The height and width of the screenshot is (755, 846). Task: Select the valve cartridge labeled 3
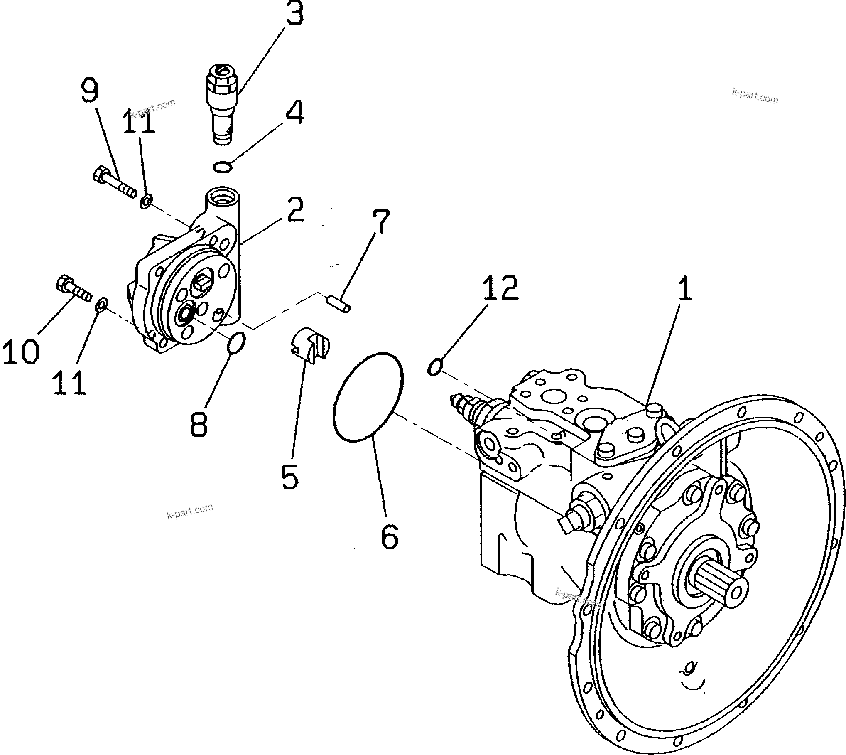(222, 104)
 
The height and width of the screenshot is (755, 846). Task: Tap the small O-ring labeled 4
(222, 167)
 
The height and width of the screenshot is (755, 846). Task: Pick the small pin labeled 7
(339, 302)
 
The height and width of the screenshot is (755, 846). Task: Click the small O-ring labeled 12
(434, 367)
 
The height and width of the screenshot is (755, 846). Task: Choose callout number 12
(500, 288)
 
